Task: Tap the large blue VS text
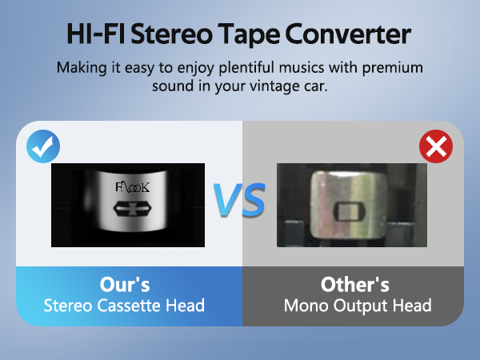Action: pyautogui.click(x=239, y=201)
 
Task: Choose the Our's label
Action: pyautogui.click(x=125, y=285)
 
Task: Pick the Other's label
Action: pyautogui.click(x=354, y=285)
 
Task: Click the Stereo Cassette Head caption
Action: pyautogui.click(x=124, y=305)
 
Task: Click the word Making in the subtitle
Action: pyautogui.click(x=80, y=67)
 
